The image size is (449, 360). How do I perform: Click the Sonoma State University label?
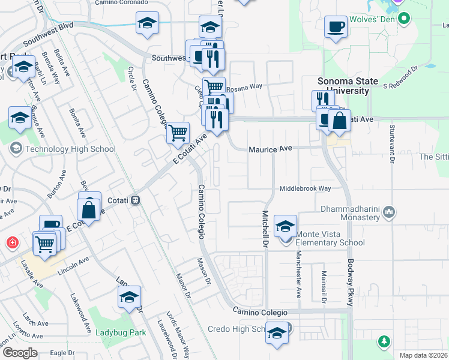(x=348, y=86)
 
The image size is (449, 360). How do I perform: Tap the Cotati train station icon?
(x=136, y=200)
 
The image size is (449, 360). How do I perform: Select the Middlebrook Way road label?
(x=305, y=188)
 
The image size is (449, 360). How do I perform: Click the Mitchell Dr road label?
(x=264, y=230)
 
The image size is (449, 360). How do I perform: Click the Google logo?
(x=20, y=353)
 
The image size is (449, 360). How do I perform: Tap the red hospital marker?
(x=12, y=243)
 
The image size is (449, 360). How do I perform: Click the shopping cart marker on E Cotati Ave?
(x=178, y=132)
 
